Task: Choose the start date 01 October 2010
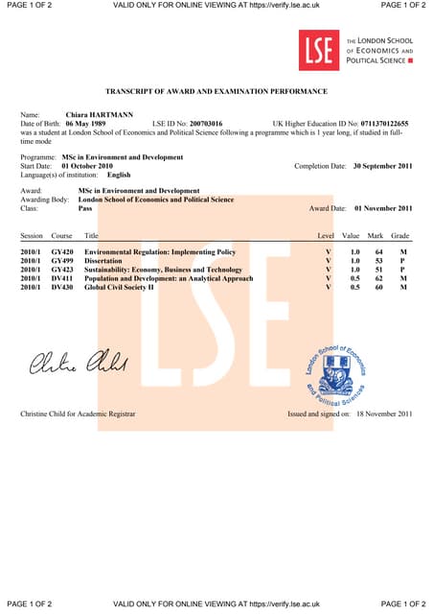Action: coord(90,166)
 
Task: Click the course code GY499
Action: coord(61,260)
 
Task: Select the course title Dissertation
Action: coord(106,260)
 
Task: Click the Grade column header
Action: coord(400,235)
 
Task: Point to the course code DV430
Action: coord(61,287)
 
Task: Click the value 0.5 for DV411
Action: coord(355,278)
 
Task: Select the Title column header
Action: coord(92,235)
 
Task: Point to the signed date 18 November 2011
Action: coord(383,413)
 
